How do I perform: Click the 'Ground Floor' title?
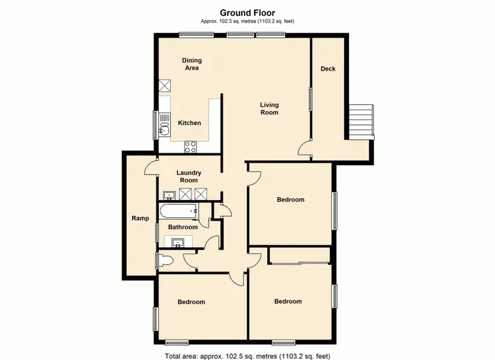(x=247, y=12)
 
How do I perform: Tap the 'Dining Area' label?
(x=191, y=64)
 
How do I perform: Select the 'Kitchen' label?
(x=189, y=123)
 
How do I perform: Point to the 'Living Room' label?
(x=269, y=109)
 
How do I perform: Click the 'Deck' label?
(x=328, y=69)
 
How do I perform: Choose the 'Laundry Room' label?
(x=189, y=176)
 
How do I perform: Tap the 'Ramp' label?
(x=139, y=218)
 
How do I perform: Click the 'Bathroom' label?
(x=183, y=227)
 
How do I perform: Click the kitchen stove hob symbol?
(x=191, y=146)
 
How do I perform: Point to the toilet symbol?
(x=164, y=260)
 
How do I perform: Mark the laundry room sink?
(x=169, y=194)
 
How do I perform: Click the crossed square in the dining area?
(x=165, y=86)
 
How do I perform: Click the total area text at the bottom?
(x=247, y=356)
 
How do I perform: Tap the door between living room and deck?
(x=304, y=149)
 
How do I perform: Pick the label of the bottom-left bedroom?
(x=191, y=302)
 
